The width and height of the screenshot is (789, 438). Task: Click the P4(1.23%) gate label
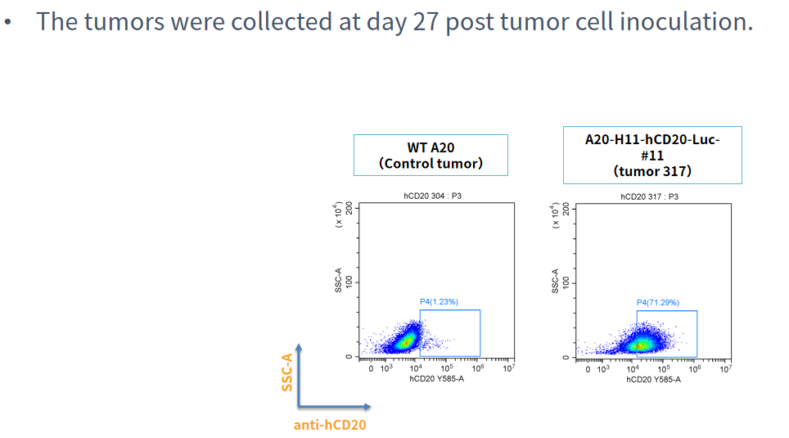click(439, 302)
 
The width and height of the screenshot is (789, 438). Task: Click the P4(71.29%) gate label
click(657, 302)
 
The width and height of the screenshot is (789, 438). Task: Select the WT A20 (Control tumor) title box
click(431, 156)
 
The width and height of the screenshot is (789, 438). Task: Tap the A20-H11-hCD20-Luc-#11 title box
click(652, 155)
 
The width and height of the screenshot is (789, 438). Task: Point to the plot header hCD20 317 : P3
click(649, 196)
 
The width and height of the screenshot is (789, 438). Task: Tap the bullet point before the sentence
click(8, 22)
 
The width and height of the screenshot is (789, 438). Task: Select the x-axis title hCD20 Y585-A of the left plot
click(437, 379)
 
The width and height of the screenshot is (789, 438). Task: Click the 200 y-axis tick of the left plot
click(349, 208)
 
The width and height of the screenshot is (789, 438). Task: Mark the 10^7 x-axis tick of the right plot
click(724, 369)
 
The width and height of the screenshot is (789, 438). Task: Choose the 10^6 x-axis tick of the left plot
click(478, 369)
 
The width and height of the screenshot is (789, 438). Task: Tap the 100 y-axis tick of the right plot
click(566, 282)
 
